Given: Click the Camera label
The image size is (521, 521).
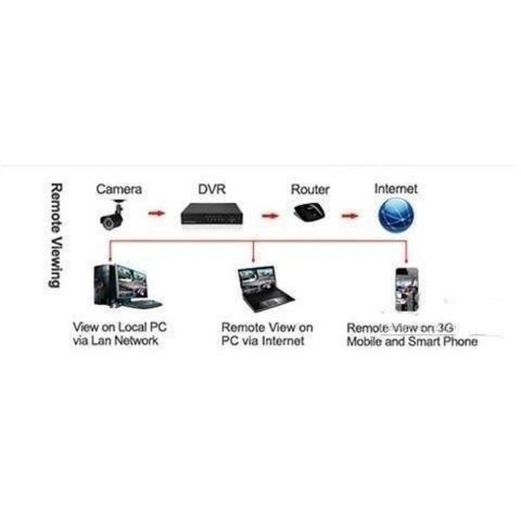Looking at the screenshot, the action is tap(119, 189).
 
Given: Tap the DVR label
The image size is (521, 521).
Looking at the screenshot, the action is tap(212, 189).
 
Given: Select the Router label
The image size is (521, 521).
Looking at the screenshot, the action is tap(310, 189).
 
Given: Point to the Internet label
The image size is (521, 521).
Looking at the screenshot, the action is tap(396, 188).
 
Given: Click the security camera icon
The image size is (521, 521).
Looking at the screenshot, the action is tap(112, 214).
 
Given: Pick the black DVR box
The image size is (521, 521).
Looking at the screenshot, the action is tap(212, 214).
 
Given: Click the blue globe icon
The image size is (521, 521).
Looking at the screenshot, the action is tap(396, 214).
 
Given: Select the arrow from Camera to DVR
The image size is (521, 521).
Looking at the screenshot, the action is tap(156, 213).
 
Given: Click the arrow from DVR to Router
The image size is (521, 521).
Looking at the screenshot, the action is tap(270, 216).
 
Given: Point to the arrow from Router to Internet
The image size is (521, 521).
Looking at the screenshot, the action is tap(350, 216).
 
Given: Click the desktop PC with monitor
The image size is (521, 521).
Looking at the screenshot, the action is tap(127, 287).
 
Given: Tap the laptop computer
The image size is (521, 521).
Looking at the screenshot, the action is tap(266, 289).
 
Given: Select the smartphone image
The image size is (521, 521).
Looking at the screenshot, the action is tap(406, 290).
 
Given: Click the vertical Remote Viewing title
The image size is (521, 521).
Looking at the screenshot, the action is tap(55, 235).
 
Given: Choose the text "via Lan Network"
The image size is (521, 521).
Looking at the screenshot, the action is tap(115, 341).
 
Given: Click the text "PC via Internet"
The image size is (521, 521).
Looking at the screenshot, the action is tap(263, 341).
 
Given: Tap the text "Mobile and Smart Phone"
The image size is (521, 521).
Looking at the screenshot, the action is tap(412, 341).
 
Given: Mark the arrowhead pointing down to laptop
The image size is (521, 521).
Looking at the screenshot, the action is tap(254, 260).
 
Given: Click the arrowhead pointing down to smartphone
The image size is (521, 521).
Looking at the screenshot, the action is tap(406, 260).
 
